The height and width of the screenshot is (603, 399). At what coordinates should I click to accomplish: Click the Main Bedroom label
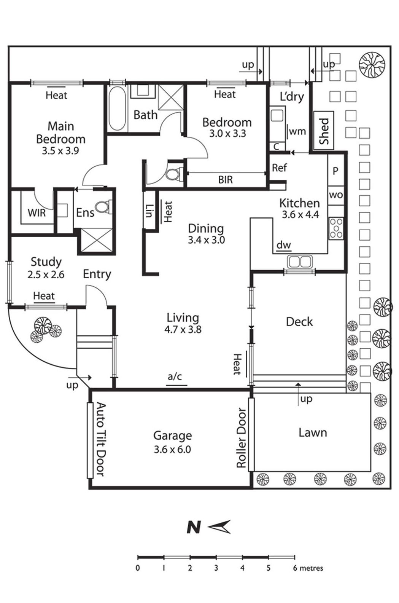click(x=60, y=132)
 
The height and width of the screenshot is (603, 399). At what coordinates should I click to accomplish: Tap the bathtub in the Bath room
click(x=117, y=109)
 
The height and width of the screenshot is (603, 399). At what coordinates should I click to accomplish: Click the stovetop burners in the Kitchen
click(x=336, y=228)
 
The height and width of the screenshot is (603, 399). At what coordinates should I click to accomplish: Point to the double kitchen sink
click(x=300, y=262)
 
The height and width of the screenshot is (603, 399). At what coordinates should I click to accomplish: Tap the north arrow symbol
click(x=219, y=527)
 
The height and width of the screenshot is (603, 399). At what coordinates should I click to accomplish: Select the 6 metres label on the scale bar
click(x=308, y=568)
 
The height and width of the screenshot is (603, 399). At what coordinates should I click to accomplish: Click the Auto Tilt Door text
click(x=100, y=439)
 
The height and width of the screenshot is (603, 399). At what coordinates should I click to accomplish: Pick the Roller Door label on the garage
click(x=241, y=438)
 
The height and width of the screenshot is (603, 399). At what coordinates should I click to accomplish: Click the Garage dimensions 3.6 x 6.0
click(x=172, y=449)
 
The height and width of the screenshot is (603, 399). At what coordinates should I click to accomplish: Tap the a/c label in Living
click(x=175, y=377)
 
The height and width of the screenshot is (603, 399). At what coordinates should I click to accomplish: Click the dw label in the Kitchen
click(x=283, y=245)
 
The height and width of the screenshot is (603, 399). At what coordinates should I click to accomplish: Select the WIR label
click(x=37, y=213)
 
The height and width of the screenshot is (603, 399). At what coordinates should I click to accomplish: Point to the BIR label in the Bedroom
click(x=225, y=179)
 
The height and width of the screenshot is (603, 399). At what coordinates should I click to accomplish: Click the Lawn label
click(x=313, y=432)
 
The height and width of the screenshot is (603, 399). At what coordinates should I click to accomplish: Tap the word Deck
click(x=299, y=322)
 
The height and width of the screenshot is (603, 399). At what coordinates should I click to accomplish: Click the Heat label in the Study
click(x=44, y=296)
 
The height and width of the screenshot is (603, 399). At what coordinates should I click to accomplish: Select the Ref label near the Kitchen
click(x=279, y=167)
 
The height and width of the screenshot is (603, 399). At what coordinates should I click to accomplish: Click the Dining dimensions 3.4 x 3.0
click(x=206, y=240)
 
